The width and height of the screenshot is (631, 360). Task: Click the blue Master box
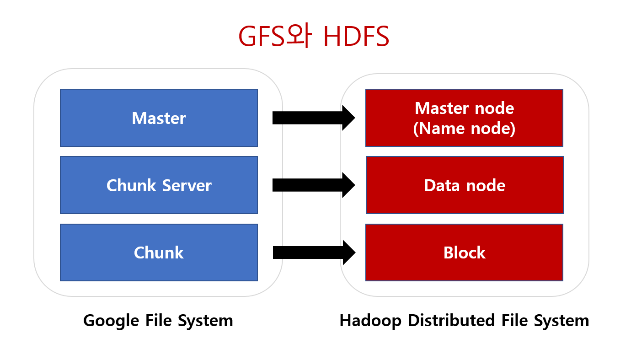point(159,118)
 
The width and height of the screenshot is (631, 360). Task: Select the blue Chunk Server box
point(159,185)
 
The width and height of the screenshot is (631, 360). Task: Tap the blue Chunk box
point(159,252)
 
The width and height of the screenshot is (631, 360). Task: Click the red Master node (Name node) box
point(464,118)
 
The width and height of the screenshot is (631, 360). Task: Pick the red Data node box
point(464,185)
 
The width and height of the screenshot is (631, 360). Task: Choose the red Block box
point(464,252)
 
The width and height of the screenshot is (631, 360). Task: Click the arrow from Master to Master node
point(314,118)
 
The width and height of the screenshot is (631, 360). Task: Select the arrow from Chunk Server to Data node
point(314,185)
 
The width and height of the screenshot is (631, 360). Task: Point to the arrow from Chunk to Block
point(314,252)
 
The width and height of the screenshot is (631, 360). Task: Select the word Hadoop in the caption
point(371,321)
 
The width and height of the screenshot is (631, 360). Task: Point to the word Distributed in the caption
point(450,321)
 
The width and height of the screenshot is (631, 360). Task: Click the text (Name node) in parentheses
point(464,129)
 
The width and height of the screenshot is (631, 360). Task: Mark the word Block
point(464,253)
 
